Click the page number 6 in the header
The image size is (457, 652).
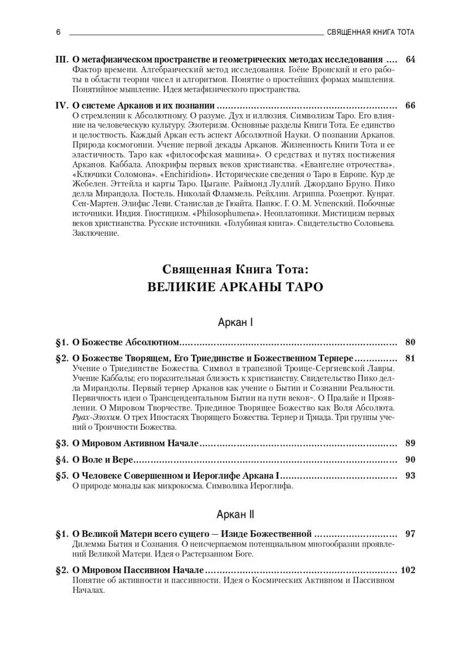coord(59,32)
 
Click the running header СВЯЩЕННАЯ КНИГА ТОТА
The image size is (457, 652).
coord(371,32)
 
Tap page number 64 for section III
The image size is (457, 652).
coord(410,59)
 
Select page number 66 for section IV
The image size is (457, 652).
coord(410,105)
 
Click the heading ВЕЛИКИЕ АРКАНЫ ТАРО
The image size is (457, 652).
coord(235,287)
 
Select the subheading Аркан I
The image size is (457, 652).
coord(235,322)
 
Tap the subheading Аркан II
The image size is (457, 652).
coord(235,514)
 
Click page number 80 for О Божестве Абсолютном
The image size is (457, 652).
coord(410,343)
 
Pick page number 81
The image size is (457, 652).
coord(410,359)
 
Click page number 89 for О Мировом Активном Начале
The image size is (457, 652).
coord(410,443)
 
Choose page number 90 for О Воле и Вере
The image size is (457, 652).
coord(410,460)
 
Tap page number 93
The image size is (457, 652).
coord(410,476)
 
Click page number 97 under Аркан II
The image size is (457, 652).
coord(410,534)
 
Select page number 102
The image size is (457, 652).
coord(407,570)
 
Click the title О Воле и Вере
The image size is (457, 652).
coord(103,460)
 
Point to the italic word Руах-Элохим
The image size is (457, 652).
coord(96,417)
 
